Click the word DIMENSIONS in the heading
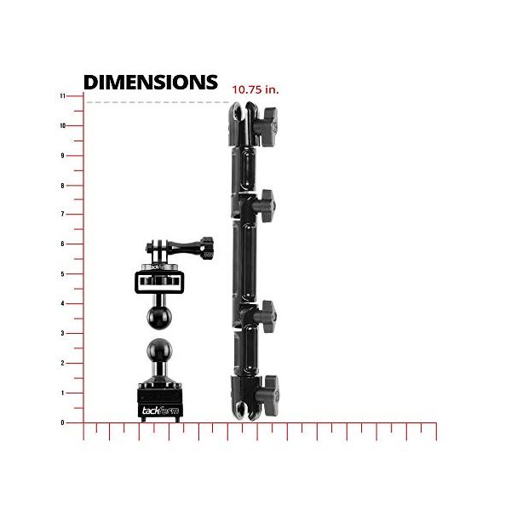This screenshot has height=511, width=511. click(151, 82)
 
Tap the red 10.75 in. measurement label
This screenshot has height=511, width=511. click(255, 89)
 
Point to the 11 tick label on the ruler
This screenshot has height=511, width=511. click(62, 96)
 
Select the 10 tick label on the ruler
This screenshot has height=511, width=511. click(62, 126)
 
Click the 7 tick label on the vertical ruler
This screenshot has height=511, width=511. click(62, 215)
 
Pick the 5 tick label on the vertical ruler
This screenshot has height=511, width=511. click(62, 274)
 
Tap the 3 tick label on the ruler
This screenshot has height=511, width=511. click(62, 333)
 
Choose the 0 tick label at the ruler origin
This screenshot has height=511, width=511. click(62, 422)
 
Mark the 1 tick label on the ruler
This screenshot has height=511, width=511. click(62, 393)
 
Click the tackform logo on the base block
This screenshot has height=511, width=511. click(160, 410)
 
